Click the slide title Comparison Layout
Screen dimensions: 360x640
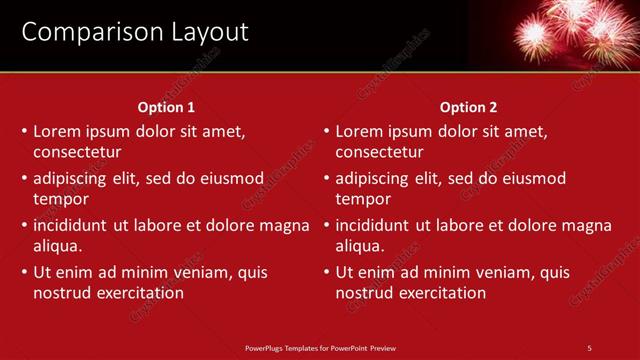click(x=135, y=32)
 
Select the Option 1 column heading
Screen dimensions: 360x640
click(x=166, y=107)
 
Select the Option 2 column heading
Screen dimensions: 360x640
click(x=468, y=107)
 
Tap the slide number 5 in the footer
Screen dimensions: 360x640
click(x=589, y=347)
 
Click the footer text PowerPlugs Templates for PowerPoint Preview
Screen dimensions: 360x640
click(x=320, y=347)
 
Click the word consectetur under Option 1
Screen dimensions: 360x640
click(x=77, y=152)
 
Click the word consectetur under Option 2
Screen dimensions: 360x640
click(x=379, y=152)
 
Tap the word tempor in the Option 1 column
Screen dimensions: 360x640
click(x=61, y=199)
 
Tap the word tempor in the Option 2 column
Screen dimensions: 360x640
click(x=363, y=199)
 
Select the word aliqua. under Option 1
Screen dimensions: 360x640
click(x=57, y=246)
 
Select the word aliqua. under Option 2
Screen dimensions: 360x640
click(x=359, y=246)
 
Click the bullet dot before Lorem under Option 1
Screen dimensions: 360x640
click(x=24, y=131)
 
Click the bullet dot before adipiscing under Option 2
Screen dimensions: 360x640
click(x=326, y=178)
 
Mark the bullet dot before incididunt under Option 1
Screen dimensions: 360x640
click(x=24, y=225)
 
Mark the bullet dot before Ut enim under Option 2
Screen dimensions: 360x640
click(x=326, y=272)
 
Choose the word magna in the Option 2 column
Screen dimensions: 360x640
click(x=588, y=225)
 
